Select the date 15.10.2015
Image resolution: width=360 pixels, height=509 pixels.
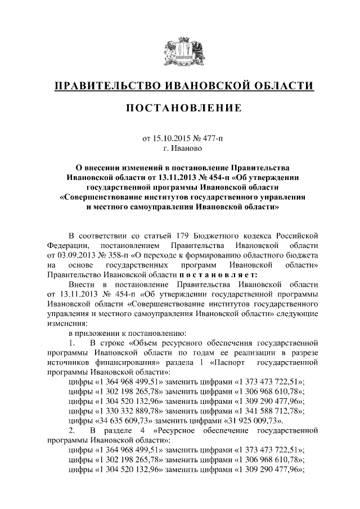point(174,139)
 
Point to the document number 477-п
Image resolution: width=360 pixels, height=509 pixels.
point(211,139)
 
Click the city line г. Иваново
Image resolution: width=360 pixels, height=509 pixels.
point(180,149)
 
